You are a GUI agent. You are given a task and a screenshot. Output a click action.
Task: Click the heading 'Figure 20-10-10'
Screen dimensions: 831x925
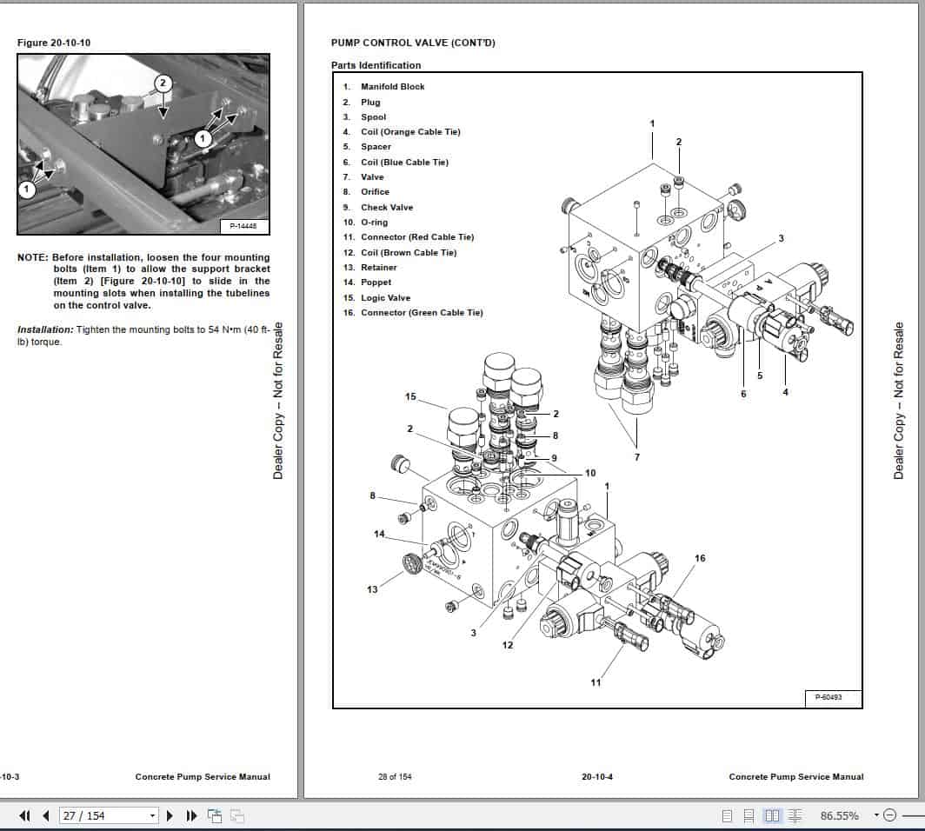tap(54, 43)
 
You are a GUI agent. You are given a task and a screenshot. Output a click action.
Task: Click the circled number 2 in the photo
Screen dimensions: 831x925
tap(162, 83)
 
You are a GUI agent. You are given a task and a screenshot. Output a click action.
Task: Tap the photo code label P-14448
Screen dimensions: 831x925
tap(244, 226)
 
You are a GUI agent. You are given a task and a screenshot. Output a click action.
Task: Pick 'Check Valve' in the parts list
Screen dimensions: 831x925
tap(387, 208)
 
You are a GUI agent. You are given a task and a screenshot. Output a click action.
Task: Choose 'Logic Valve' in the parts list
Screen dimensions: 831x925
tap(385, 298)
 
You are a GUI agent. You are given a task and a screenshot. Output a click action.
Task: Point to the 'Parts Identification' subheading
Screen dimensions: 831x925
tap(376, 65)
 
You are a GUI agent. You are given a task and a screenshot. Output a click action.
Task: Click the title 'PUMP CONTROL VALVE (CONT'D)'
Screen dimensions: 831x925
tap(413, 43)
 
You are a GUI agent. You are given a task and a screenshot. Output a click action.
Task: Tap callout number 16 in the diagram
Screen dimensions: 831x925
tap(700, 558)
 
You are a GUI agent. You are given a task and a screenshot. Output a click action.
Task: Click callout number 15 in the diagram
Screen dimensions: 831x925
tap(410, 397)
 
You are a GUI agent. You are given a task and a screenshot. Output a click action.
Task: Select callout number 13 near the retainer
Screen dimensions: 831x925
tap(372, 590)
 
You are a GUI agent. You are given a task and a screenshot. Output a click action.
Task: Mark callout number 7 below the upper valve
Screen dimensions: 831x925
tap(637, 457)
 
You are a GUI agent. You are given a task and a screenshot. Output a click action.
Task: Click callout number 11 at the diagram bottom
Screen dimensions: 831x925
tap(596, 682)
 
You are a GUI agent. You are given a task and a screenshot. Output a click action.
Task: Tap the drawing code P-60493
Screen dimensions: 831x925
tap(827, 697)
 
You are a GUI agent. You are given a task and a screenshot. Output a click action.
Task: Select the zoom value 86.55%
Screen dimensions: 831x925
tap(839, 815)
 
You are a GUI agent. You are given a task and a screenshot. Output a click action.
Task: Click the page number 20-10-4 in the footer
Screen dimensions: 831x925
tap(597, 777)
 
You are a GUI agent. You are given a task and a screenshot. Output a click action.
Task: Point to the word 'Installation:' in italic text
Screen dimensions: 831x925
tap(45, 329)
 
